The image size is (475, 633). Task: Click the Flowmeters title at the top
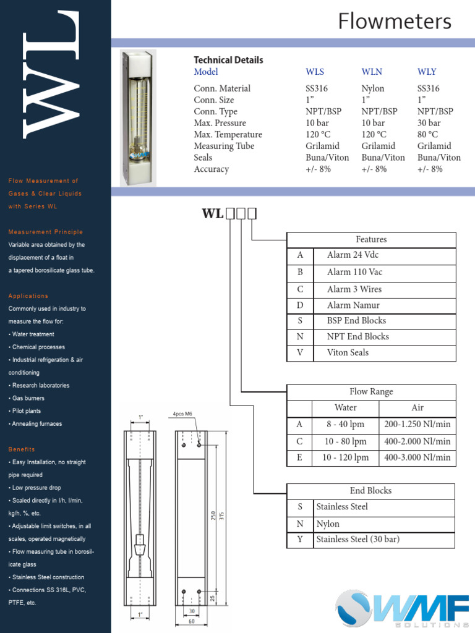click(395, 22)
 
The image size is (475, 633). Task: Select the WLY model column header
click(427, 72)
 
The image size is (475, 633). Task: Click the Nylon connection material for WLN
click(372, 88)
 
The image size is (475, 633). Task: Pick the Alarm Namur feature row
click(353, 305)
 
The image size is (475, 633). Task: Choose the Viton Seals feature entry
click(348, 352)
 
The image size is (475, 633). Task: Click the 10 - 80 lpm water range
click(345, 441)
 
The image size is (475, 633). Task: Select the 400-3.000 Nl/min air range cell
click(417, 458)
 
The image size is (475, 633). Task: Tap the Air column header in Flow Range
click(417, 407)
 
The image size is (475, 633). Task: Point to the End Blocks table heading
click(370, 491)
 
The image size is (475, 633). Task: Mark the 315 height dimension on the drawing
click(221, 516)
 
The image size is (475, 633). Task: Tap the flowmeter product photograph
click(138, 117)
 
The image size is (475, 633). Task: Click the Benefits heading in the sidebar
click(22, 449)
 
